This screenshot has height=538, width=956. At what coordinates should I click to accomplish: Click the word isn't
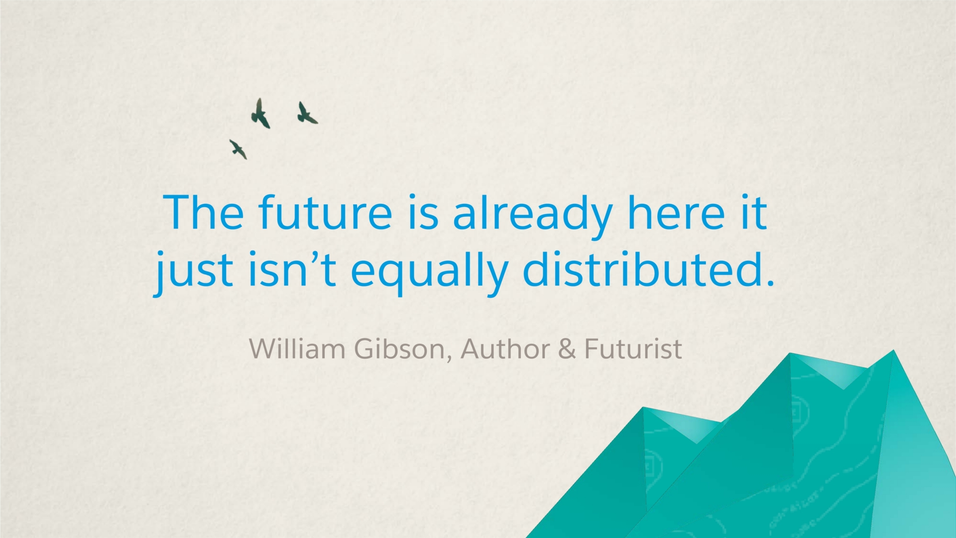pyautogui.click(x=292, y=269)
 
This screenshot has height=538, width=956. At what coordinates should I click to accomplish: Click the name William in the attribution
pyautogui.click(x=297, y=348)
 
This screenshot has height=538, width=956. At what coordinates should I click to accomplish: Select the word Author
pyautogui.click(x=505, y=349)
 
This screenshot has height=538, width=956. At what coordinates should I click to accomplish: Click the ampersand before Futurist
pyautogui.click(x=567, y=349)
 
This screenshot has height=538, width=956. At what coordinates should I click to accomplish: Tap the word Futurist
pyautogui.click(x=633, y=349)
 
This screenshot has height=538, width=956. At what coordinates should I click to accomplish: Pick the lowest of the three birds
pyautogui.click(x=239, y=149)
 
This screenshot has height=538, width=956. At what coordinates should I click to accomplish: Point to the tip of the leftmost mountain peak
pyautogui.click(x=643, y=407)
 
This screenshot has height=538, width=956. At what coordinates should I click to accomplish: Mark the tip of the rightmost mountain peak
pyautogui.click(x=893, y=350)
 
